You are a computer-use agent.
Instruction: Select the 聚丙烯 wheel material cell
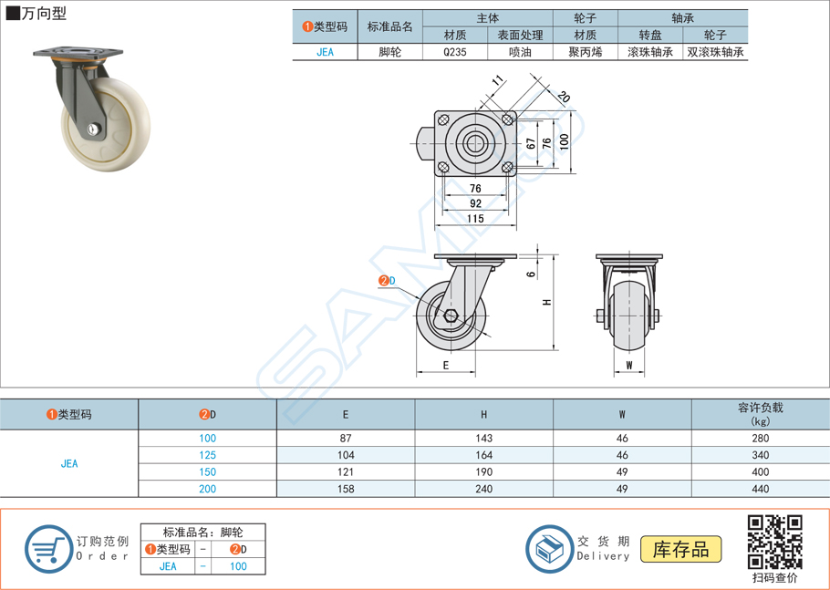point(586,52)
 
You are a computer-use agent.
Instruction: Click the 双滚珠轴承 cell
point(716,52)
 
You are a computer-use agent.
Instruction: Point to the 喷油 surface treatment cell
point(520,52)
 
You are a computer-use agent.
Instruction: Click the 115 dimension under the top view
point(475,219)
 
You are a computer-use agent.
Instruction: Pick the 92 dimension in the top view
point(475,203)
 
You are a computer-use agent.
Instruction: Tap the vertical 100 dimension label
point(565,141)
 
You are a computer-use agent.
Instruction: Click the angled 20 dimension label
point(564,98)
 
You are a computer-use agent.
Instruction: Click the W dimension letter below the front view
point(629,366)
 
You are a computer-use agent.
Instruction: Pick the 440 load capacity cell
point(760,489)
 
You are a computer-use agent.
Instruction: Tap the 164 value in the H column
point(483,455)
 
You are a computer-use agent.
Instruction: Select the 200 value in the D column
point(208,489)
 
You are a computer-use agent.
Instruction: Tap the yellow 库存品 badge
point(680,549)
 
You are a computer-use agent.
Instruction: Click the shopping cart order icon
point(47,550)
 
